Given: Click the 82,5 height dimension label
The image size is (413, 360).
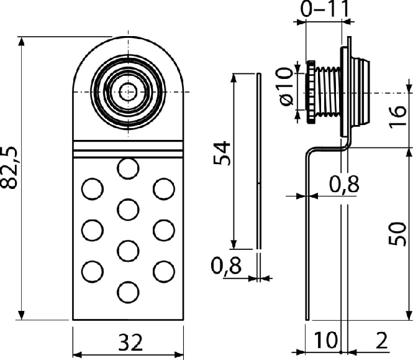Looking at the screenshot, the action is pyautogui.click(x=9, y=168).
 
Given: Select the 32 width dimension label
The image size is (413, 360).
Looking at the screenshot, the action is pyautogui.click(x=130, y=342).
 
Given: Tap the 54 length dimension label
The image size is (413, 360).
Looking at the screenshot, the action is pyautogui.click(x=222, y=153).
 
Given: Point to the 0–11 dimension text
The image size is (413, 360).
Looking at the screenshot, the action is pyautogui.click(x=325, y=9).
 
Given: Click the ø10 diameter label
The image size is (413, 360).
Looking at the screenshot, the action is pyautogui.click(x=284, y=86).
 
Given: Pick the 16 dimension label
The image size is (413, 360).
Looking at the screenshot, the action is pyautogui.click(x=397, y=118).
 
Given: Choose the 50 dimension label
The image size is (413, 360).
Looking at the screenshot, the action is pyautogui.click(x=397, y=234).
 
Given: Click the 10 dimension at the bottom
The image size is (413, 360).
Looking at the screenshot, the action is pyautogui.click(x=325, y=340).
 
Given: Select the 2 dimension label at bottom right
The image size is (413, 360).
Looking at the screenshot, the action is pyautogui.click(x=381, y=340).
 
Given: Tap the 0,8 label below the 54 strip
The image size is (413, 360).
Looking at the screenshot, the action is pyautogui.click(x=226, y=266).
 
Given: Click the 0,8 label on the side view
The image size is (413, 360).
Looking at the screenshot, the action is pyautogui.click(x=344, y=184).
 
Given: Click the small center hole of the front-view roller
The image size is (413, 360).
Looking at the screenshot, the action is pyautogui.click(x=128, y=92).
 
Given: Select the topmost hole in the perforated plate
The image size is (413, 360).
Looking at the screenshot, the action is pyautogui.click(x=128, y=168).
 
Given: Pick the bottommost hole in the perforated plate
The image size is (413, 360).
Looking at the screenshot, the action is pyautogui.click(x=128, y=292).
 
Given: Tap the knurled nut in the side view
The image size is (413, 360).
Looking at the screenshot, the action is pyautogui.click(x=311, y=92).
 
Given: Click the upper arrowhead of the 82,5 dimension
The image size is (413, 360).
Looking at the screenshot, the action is pyautogui.click(x=22, y=42).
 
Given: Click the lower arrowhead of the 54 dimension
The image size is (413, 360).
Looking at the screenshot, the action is pyautogui.click(x=234, y=244).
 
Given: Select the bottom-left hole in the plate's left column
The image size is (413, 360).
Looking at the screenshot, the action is pyautogui.click(x=92, y=272).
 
